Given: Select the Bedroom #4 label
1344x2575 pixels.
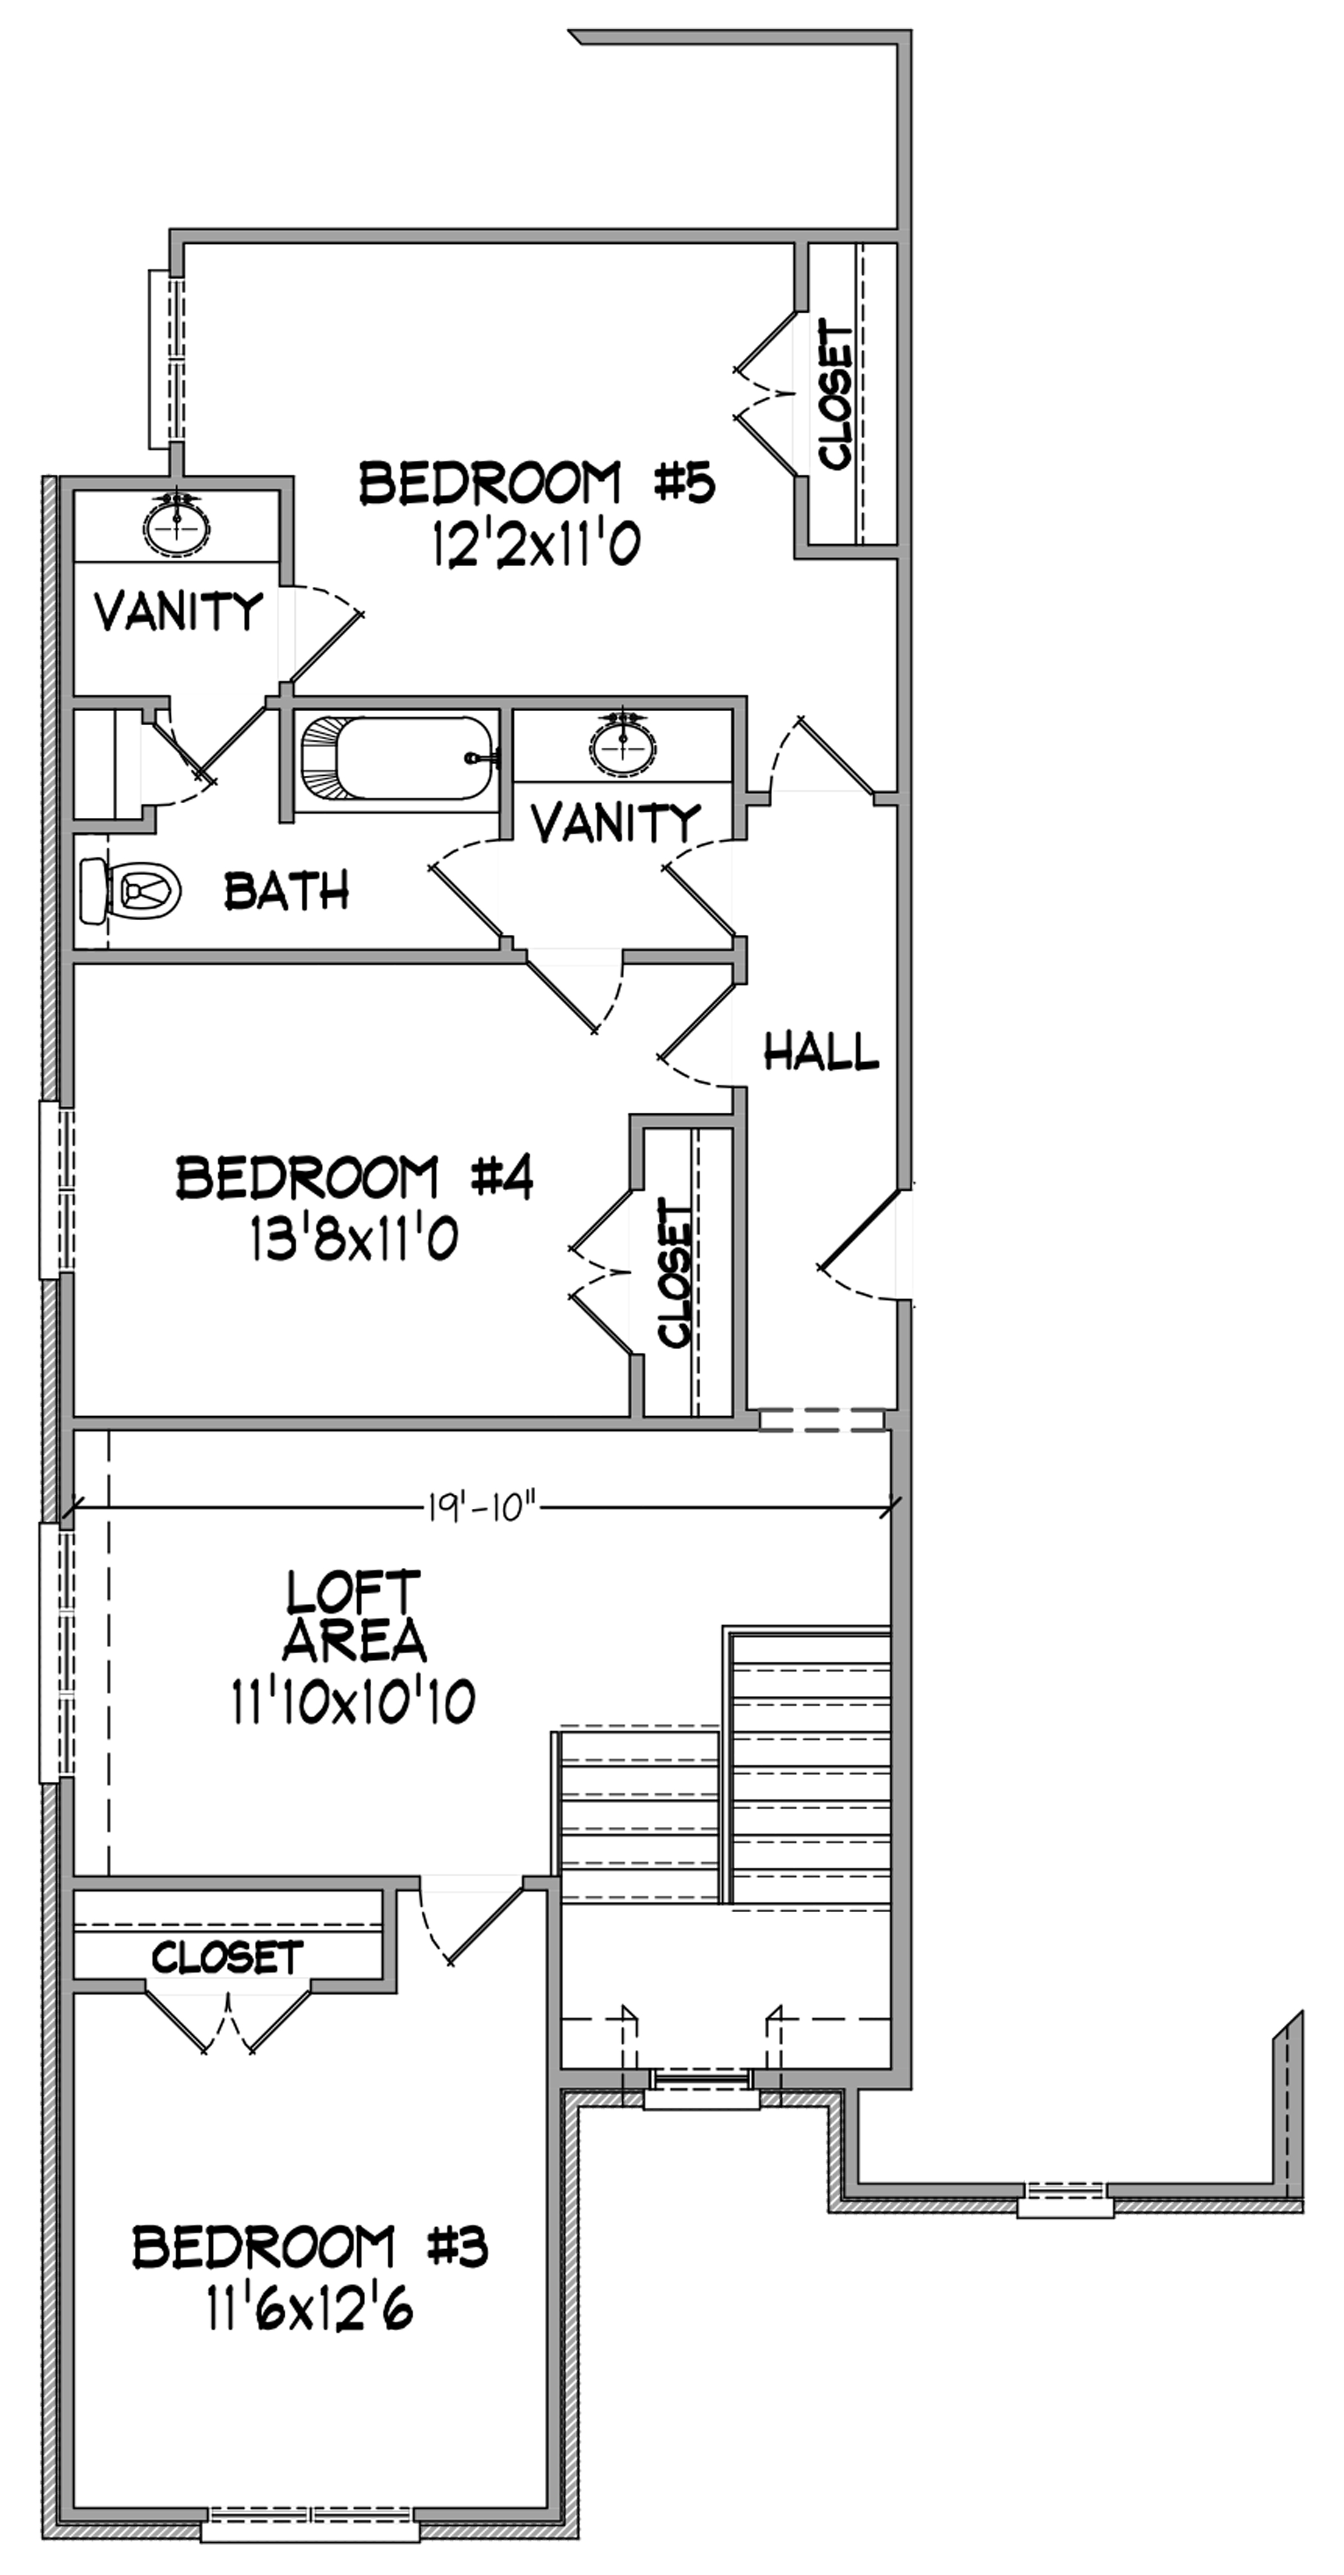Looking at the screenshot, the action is coord(355,1177).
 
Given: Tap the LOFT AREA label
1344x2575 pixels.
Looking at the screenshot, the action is coord(356,1616).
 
